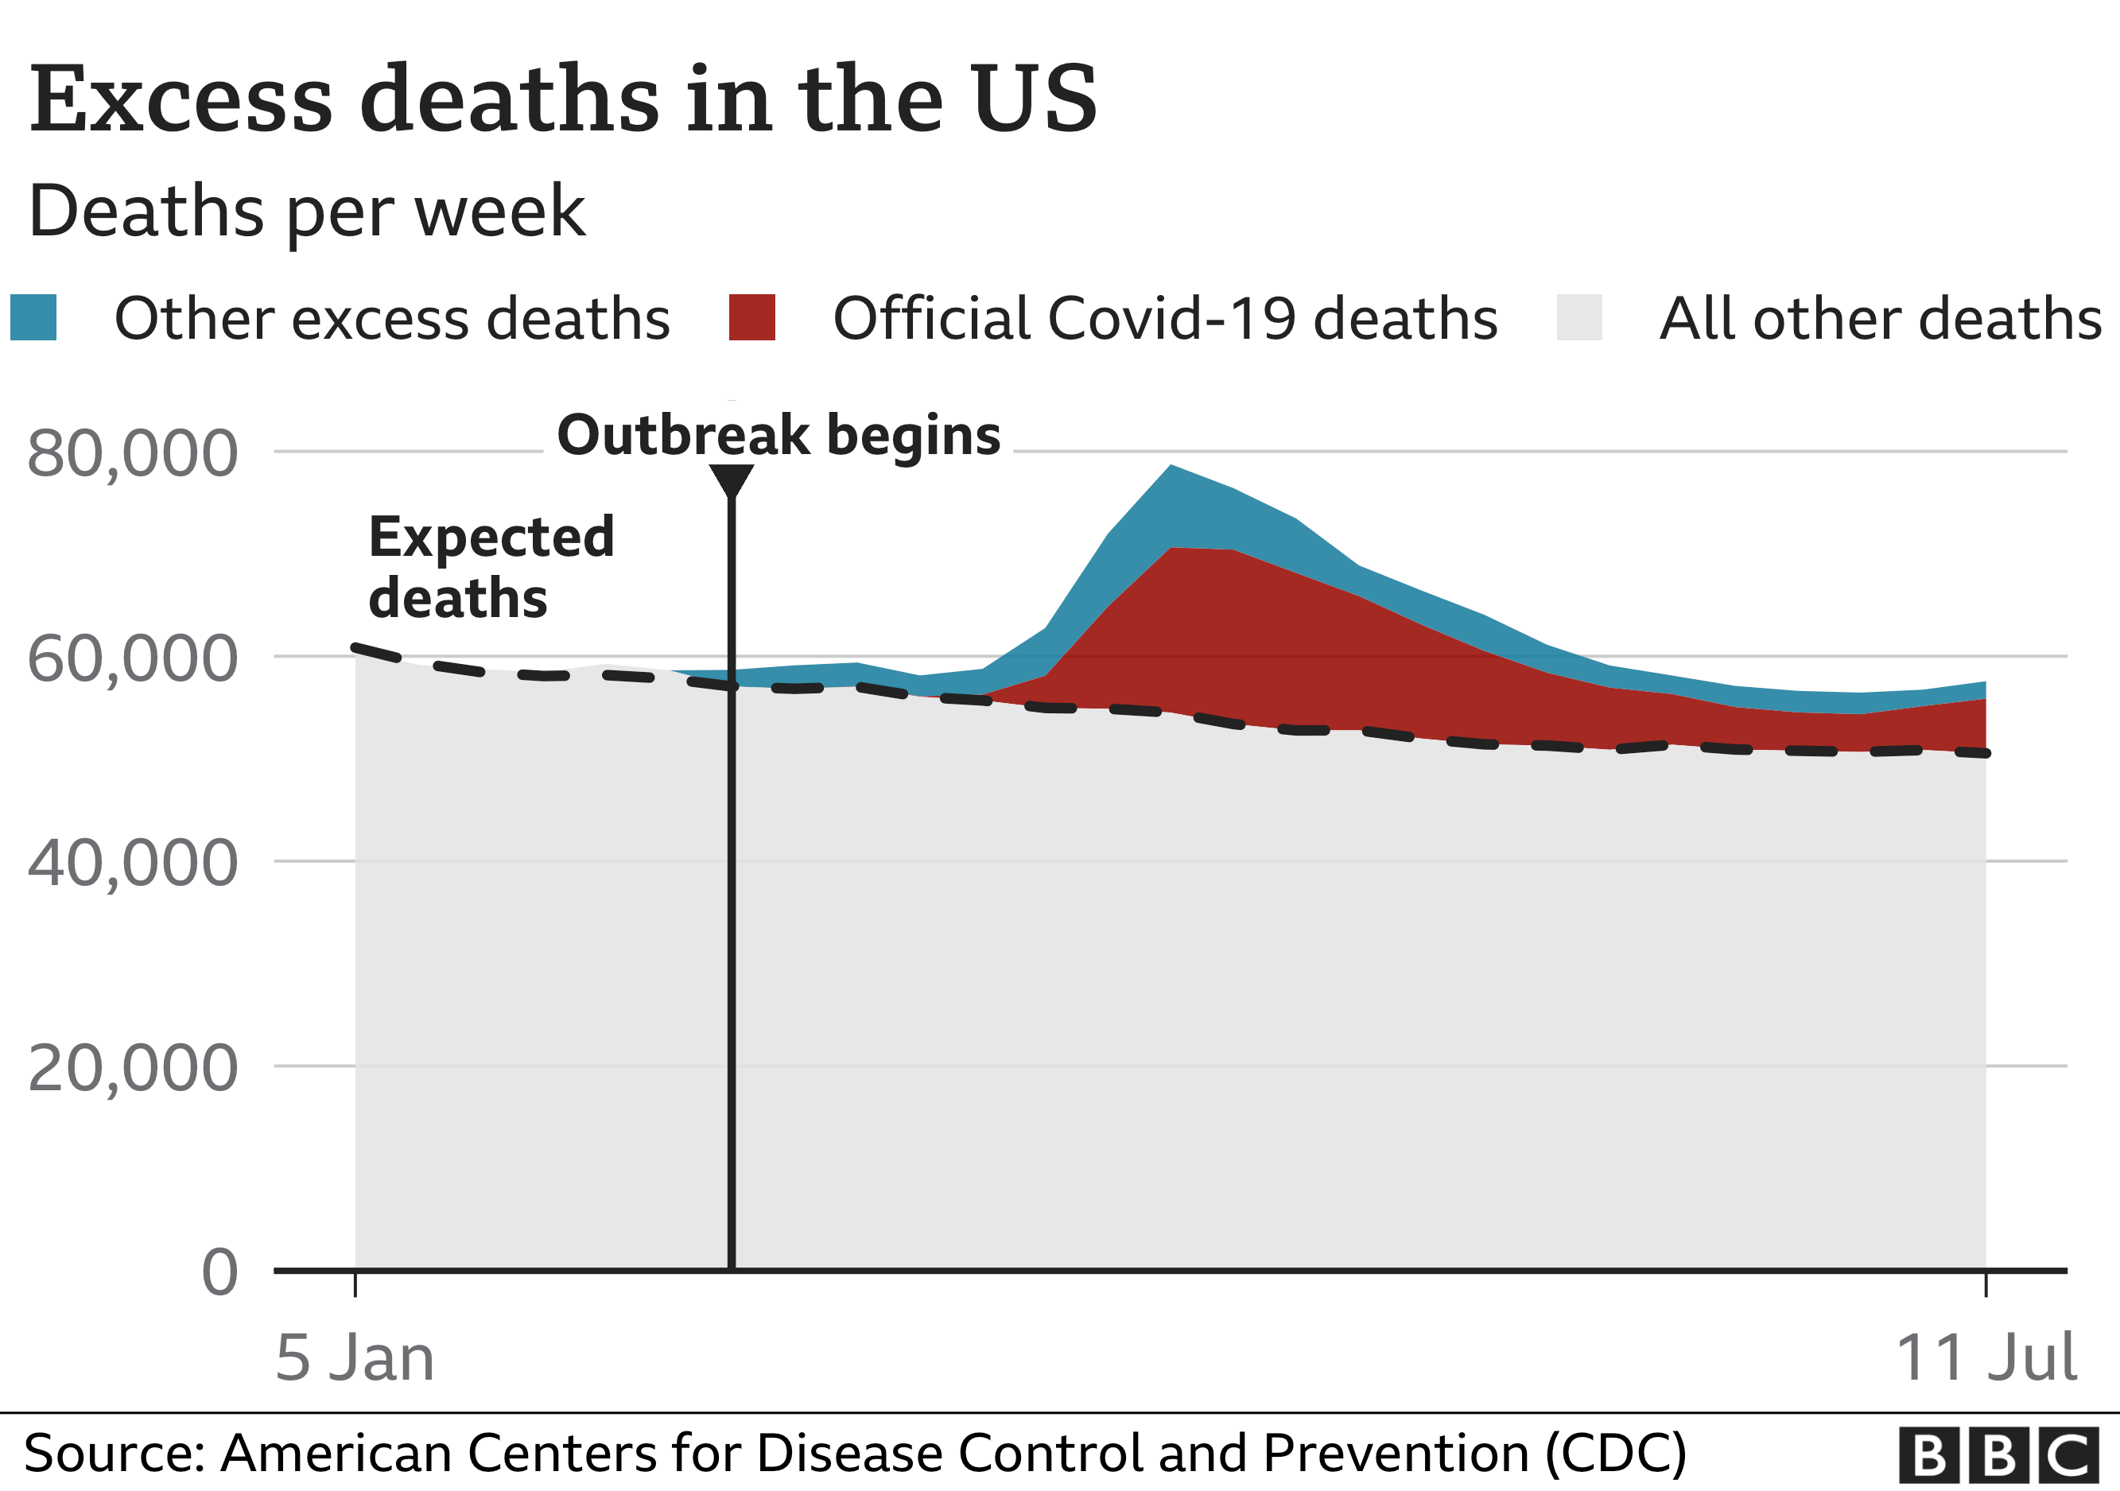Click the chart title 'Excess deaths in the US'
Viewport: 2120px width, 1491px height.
point(563,99)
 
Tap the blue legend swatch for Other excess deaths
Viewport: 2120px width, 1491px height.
point(33,317)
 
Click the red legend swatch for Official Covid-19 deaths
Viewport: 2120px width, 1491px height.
point(751,317)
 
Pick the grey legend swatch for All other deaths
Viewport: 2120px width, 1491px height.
point(1579,317)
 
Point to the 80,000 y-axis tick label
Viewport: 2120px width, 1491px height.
point(132,453)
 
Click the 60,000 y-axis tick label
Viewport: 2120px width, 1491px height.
point(132,658)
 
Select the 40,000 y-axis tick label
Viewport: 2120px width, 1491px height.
point(132,864)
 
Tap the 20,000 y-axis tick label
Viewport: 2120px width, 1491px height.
point(132,1068)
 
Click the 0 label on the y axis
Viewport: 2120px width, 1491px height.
point(219,1272)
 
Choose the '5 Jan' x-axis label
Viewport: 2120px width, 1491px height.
point(355,1358)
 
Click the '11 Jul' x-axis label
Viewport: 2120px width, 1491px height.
point(1985,1358)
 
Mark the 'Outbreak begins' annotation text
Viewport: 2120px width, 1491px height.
point(778,435)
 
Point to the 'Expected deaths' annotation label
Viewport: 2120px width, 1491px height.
point(491,567)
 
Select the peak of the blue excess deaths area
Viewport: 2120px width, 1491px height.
point(1171,467)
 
